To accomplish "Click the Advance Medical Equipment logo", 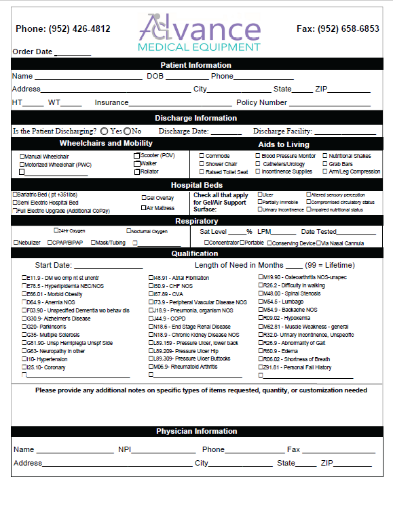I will click(x=200, y=33).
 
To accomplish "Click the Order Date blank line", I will click(x=73, y=53).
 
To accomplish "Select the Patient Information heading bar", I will click(x=195, y=65).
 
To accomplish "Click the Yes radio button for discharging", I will click(x=105, y=131).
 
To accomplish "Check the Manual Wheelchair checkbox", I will click(x=22, y=156).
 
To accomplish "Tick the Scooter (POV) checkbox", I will click(x=136, y=156).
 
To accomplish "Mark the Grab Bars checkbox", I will click(x=326, y=164).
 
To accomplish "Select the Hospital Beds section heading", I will click(x=195, y=185).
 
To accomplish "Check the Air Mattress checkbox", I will click(x=143, y=209).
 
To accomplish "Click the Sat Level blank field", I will click(x=237, y=232).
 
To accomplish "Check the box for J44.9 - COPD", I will click(x=151, y=319).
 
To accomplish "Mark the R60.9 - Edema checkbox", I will click(x=261, y=351).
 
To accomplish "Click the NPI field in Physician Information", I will click(x=160, y=450).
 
